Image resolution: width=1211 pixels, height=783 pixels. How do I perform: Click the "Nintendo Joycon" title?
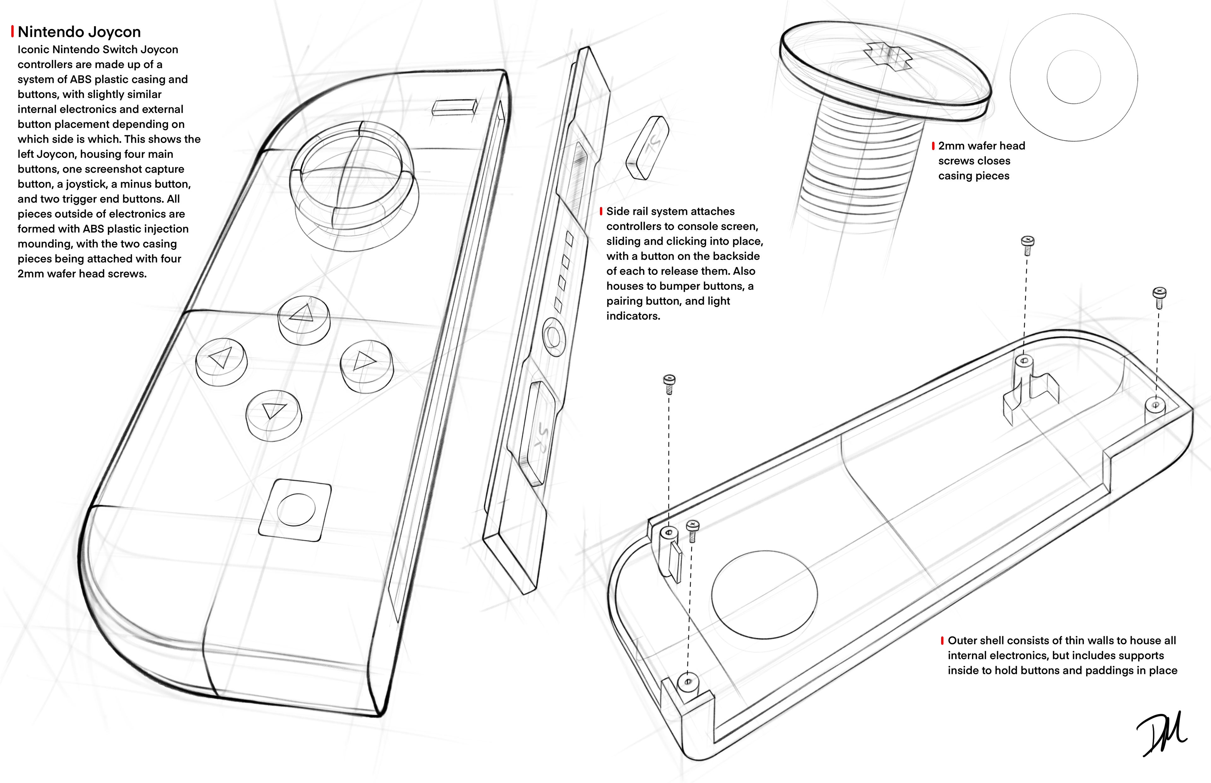[x=79, y=32]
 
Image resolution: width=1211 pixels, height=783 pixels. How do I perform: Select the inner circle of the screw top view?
[x=1074, y=77]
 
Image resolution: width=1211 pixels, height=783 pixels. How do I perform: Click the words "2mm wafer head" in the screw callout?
[x=981, y=146]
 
